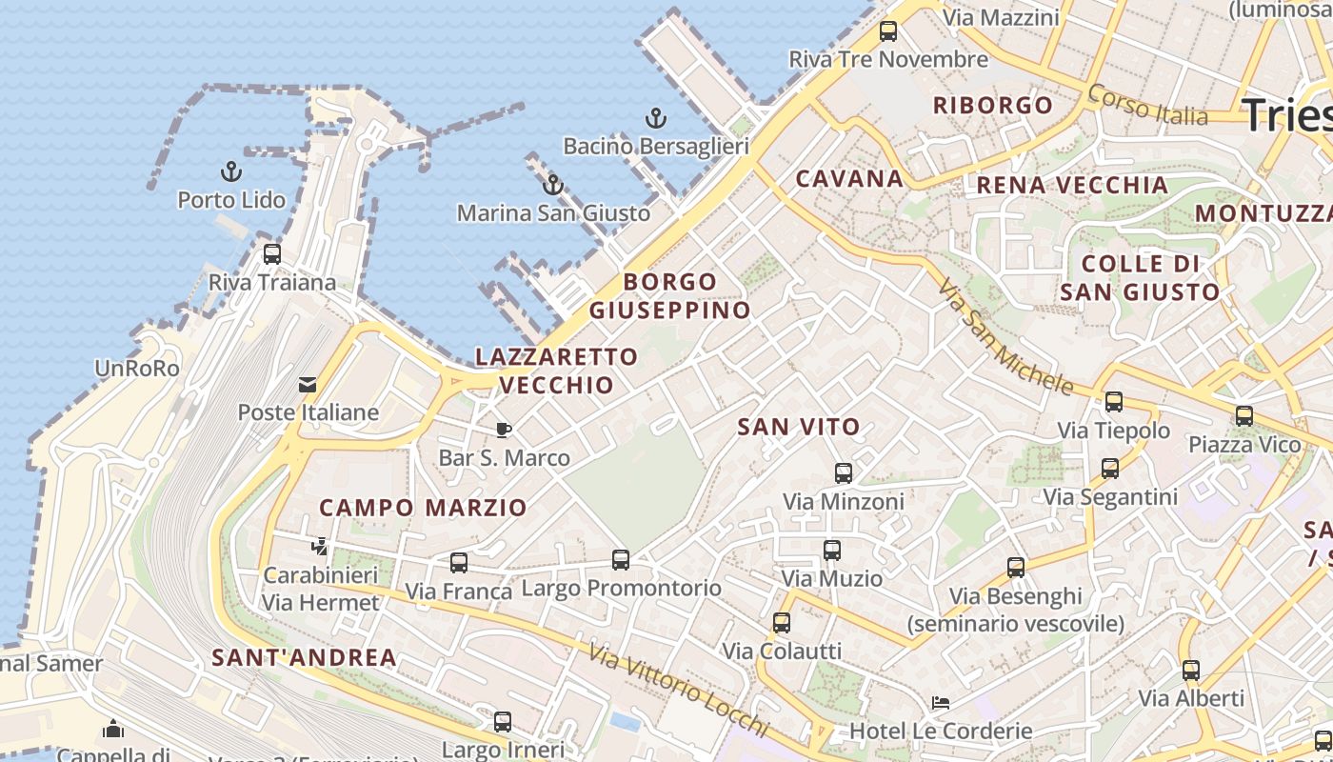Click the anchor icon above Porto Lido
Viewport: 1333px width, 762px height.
tap(231, 171)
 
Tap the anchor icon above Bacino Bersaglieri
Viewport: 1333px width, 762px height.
tap(655, 118)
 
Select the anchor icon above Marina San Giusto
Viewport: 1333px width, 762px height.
tap(553, 185)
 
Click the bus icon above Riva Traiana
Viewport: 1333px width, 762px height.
tap(272, 254)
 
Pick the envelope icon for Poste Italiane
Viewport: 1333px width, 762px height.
tap(308, 385)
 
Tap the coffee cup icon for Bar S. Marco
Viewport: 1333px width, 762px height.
tap(504, 430)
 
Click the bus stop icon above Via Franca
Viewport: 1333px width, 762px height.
tap(459, 563)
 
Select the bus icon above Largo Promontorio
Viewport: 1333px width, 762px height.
tap(621, 560)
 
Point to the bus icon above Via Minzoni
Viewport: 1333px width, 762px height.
tap(843, 472)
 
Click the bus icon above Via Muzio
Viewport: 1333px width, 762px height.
tap(832, 550)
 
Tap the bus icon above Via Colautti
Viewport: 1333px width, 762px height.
tap(782, 623)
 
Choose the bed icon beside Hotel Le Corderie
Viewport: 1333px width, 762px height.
tap(940, 703)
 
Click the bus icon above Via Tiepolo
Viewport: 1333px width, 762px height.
tap(1113, 402)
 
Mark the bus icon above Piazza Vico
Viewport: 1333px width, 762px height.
tap(1243, 416)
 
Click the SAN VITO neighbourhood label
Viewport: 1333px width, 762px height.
tap(799, 428)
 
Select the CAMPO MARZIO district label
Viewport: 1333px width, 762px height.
tap(423, 508)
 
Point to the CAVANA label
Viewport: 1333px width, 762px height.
tap(849, 178)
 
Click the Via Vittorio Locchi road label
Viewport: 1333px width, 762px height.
tap(677, 691)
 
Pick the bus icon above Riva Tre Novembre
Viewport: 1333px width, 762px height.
tap(888, 31)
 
